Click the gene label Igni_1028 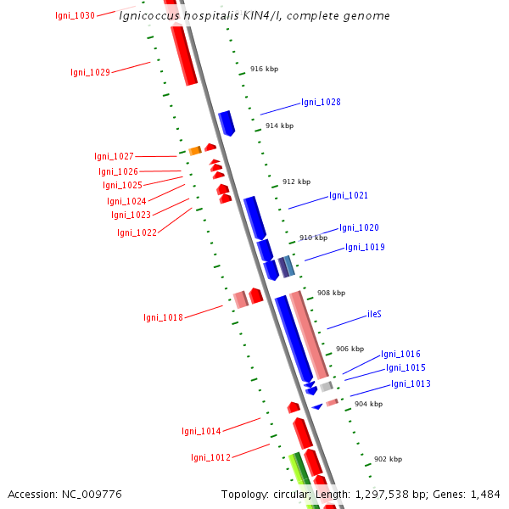[321, 103]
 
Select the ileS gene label [374, 314]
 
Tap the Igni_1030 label [75, 15]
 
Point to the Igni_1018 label [163, 318]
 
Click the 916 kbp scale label [264, 70]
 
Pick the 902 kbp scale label [388, 459]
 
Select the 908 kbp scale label [331, 293]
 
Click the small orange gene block [194, 150]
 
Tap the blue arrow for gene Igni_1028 [227, 122]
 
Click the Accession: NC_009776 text [64, 494]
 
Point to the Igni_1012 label [210, 458]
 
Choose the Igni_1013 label [411, 384]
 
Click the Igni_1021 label [349, 196]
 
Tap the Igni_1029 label [90, 73]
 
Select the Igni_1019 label [365, 248]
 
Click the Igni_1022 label [137, 232]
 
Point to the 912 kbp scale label [296, 182]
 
